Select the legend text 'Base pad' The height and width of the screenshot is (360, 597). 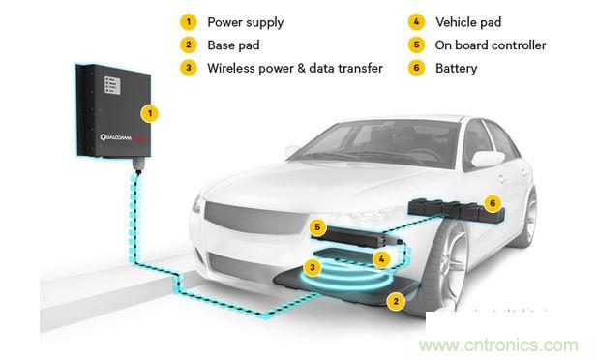232,45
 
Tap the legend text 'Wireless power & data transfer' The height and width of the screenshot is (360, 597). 294,69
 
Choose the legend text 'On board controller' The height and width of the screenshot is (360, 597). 478,45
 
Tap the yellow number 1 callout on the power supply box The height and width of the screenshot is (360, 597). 149,113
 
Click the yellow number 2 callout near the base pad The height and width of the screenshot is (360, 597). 394,301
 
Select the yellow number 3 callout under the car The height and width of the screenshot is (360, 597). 313,266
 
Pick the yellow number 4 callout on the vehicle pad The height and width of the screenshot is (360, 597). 381,259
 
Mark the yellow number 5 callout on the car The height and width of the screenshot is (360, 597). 316,228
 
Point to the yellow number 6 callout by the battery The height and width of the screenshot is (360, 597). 493,203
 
